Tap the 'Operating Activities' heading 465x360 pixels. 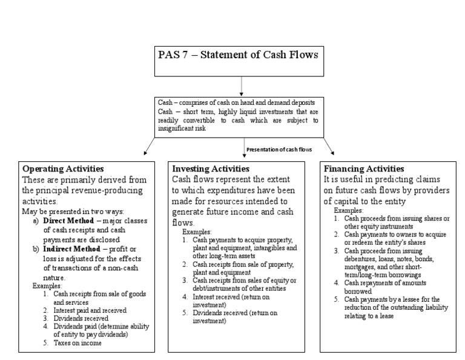(x=63, y=168)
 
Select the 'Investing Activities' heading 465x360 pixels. (x=210, y=168)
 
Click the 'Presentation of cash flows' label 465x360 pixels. (x=279, y=149)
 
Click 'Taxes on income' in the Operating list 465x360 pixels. (x=76, y=343)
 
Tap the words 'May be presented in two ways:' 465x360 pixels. (x=72, y=212)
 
